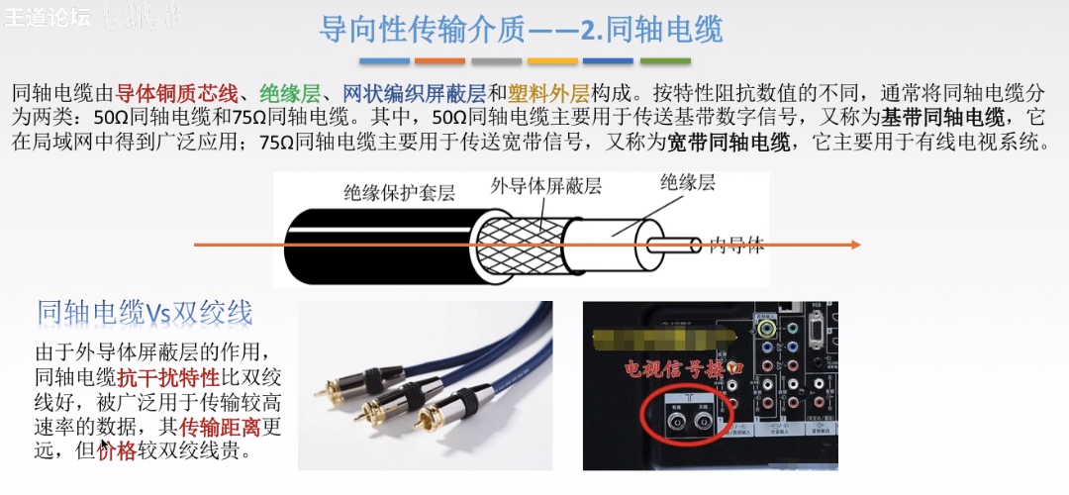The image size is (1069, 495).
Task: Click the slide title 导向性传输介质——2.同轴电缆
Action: pyautogui.click(x=521, y=29)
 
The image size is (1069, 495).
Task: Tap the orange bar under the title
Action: pyautogui.click(x=440, y=60)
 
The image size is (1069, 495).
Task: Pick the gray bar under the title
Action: pyautogui.click(x=609, y=60)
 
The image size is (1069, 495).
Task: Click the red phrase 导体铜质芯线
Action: pyautogui.click(x=177, y=95)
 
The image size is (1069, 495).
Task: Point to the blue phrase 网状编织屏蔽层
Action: pyautogui.click(x=414, y=95)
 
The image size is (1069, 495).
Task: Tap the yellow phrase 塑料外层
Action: pyautogui.click(x=548, y=95)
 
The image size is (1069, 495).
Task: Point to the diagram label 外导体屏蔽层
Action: pyautogui.click(x=546, y=186)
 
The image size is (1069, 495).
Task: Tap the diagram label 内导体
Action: pyautogui.click(x=736, y=246)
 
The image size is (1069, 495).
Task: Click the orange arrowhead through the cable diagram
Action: pyautogui.click(x=854, y=245)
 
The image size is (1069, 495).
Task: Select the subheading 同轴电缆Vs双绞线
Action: pyautogui.click(x=145, y=313)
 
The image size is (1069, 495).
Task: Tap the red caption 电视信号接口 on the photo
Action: pyautogui.click(x=682, y=368)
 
